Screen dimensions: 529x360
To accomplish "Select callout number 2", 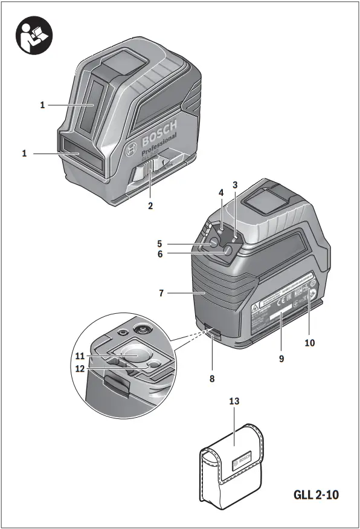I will (150, 206).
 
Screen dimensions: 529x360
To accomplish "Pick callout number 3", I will (235, 184).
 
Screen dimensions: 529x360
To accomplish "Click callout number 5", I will (160, 244).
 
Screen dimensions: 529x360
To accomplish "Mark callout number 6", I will (160, 255).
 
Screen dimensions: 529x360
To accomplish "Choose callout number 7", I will (161, 293).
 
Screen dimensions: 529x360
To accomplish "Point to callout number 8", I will (211, 379).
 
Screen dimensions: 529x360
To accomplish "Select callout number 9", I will (281, 358).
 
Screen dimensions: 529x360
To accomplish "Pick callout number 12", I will (80, 368).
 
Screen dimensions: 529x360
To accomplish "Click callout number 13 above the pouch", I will (235, 401).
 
